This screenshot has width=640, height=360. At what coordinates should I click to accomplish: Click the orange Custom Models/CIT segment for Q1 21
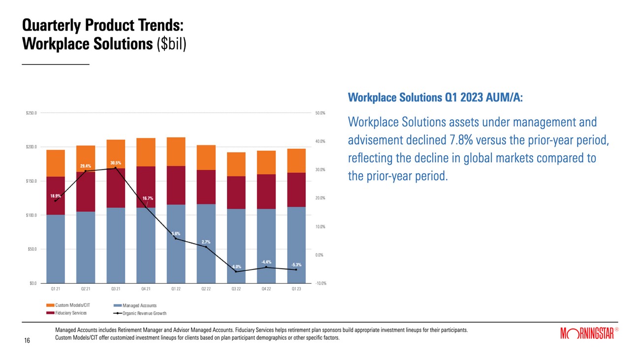55,163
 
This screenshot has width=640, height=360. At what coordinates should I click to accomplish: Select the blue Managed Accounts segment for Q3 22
236,246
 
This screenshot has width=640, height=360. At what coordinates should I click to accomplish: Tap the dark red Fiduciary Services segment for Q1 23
296,190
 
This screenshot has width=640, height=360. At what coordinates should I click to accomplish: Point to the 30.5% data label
116,163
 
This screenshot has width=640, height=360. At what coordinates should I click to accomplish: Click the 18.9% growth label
56,196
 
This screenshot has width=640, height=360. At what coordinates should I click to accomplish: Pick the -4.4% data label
266,262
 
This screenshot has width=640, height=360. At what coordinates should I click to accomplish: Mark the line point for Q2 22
206,246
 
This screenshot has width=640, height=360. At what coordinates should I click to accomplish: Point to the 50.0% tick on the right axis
320,113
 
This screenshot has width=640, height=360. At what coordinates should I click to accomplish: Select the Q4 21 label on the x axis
145,289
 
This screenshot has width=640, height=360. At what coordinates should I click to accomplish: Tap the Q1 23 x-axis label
296,289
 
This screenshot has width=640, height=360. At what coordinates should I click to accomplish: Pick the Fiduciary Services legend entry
70,313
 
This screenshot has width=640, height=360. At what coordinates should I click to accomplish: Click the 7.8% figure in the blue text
461,140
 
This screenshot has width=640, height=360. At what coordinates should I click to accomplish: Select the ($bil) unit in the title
172,44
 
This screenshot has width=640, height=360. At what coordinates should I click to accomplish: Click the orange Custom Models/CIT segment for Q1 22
176,152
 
